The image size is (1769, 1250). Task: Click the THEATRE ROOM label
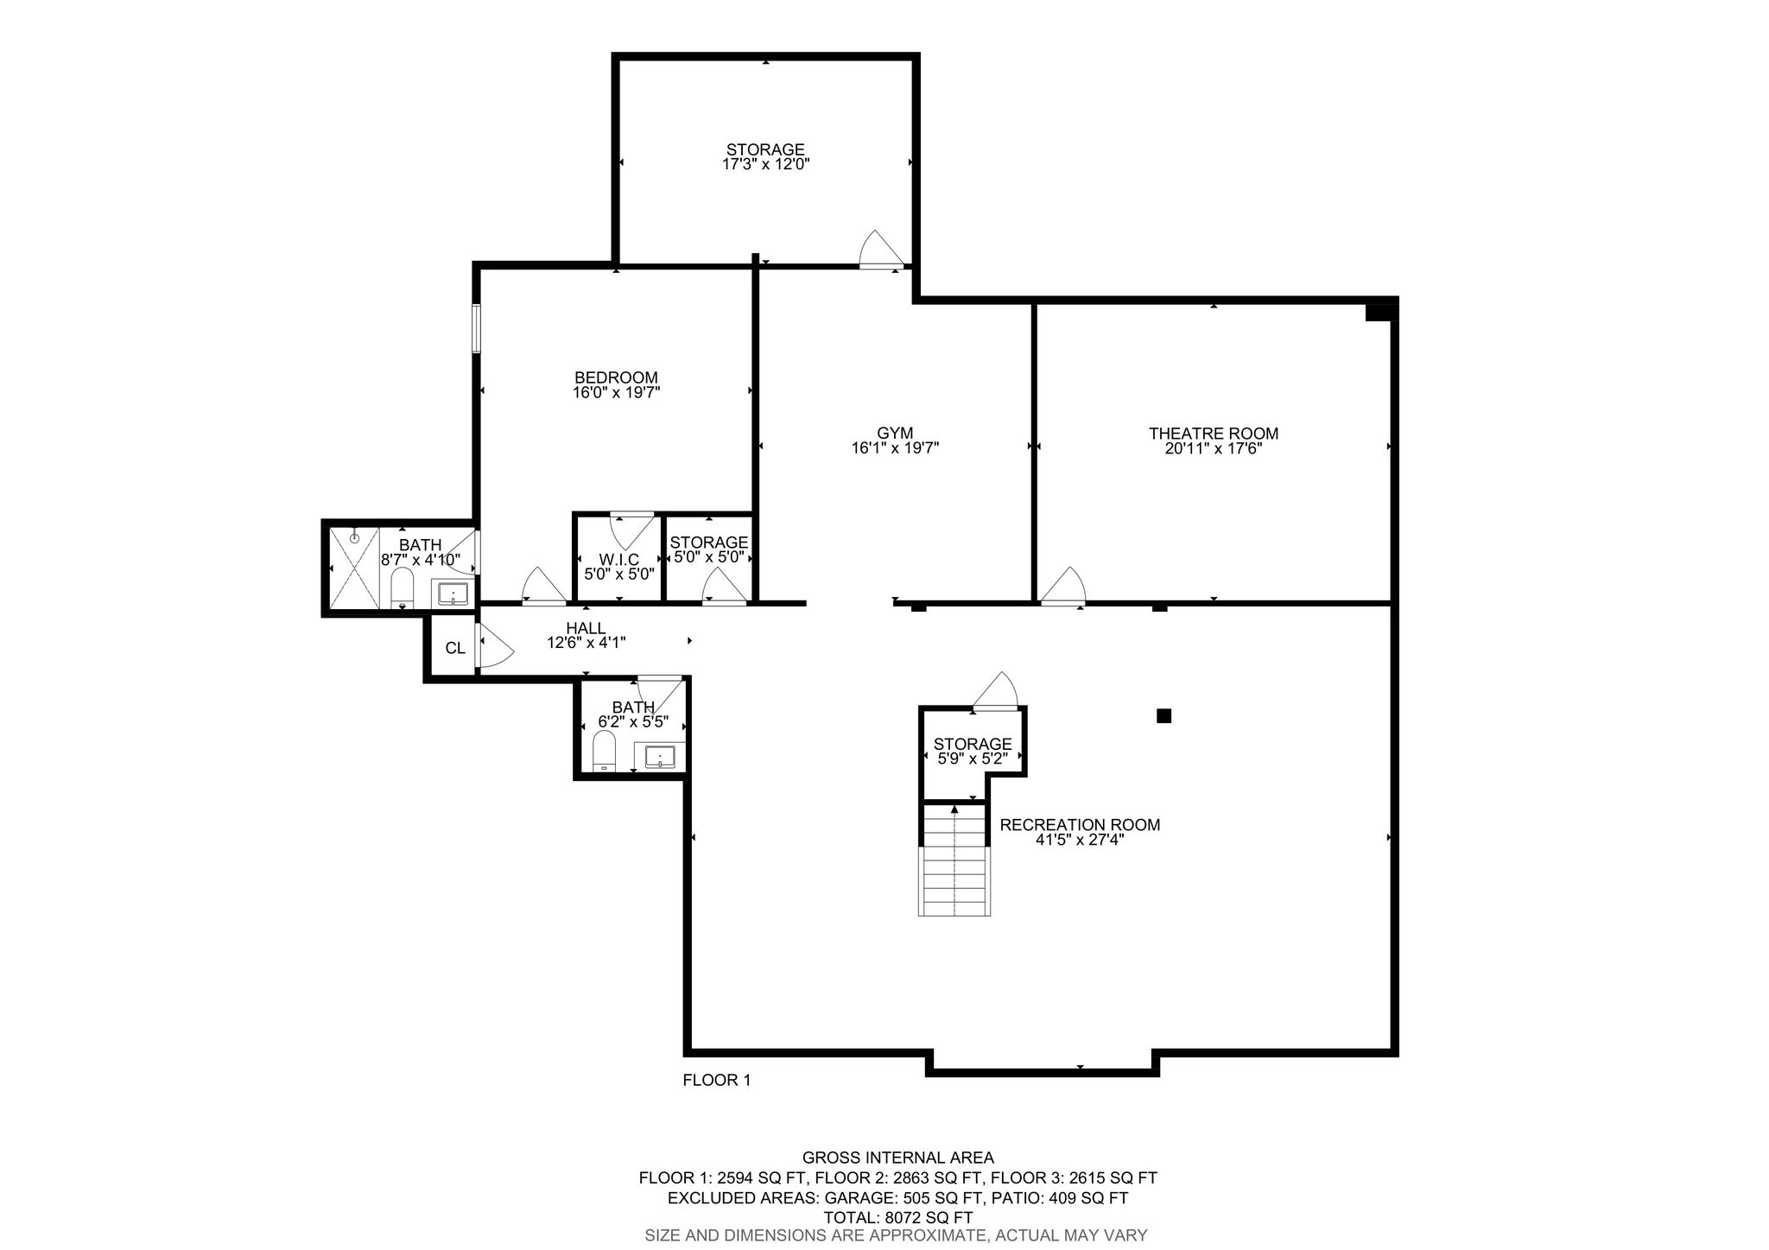[1213, 434]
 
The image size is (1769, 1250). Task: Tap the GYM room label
[895, 434]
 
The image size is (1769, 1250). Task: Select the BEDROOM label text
[616, 378]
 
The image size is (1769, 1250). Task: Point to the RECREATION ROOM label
[1080, 825]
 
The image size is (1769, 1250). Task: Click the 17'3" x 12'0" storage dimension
[765, 163]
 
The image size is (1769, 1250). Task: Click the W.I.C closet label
[619, 559]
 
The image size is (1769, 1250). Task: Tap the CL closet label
[455, 648]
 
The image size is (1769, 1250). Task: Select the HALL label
[586, 628]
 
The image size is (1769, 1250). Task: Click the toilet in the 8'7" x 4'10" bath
[403, 587]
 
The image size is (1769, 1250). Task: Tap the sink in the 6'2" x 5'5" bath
[660, 756]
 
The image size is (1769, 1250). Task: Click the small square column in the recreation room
[1163, 715]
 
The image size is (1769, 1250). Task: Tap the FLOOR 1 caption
[717, 1080]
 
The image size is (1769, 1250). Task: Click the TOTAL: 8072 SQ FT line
[897, 1218]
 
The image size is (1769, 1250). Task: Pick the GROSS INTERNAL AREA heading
[897, 1158]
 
